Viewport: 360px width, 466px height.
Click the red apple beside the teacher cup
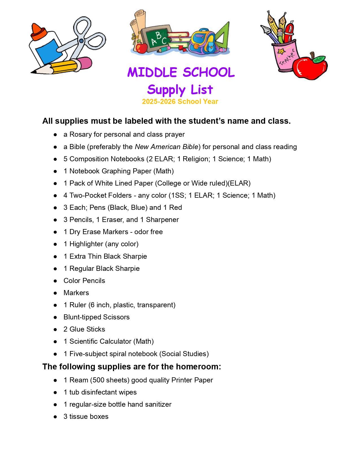tap(309, 67)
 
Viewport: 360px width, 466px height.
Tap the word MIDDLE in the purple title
tap(152, 73)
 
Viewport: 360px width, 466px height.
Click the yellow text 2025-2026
tap(158, 102)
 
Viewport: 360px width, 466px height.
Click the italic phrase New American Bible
tap(167, 147)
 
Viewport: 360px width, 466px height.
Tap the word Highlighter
tap(86, 244)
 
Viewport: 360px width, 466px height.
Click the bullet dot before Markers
tap(55, 293)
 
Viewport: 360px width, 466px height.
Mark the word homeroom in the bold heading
tap(198, 367)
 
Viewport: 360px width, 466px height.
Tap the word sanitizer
tap(158, 404)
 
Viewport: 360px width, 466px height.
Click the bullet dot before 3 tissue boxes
tap(55, 417)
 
